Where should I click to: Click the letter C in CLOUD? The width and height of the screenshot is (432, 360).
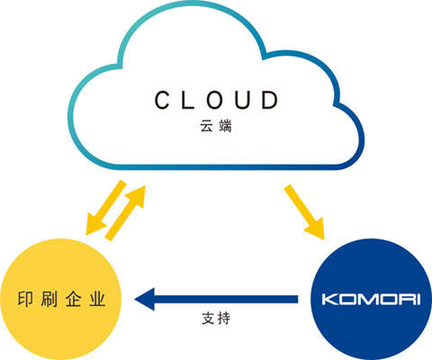163,100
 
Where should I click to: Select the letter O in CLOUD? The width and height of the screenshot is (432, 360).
214,100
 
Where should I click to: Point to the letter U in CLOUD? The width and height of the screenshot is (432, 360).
242,100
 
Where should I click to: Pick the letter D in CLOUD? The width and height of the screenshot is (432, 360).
269,100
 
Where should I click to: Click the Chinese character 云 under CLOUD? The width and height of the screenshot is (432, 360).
207,126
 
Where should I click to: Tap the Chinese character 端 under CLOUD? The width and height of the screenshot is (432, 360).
225,126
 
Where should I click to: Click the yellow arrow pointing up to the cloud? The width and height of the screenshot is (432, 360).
125,213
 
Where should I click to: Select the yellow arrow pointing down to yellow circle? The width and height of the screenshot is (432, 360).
105,208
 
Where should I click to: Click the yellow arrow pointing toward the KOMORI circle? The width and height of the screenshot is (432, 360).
304,212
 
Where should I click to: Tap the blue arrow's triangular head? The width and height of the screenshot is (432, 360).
145,299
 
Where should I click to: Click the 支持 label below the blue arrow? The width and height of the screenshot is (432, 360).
216,318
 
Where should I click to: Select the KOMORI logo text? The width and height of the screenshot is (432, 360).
371,300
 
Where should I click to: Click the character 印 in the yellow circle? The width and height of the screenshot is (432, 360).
25,299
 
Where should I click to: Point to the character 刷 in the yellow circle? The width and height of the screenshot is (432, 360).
49,299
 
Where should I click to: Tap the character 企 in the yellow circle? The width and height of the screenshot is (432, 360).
73,299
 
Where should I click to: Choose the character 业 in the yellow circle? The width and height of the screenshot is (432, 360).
97,299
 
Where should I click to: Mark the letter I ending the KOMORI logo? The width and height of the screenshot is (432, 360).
418,300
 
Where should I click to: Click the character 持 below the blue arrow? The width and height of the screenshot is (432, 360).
223,318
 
